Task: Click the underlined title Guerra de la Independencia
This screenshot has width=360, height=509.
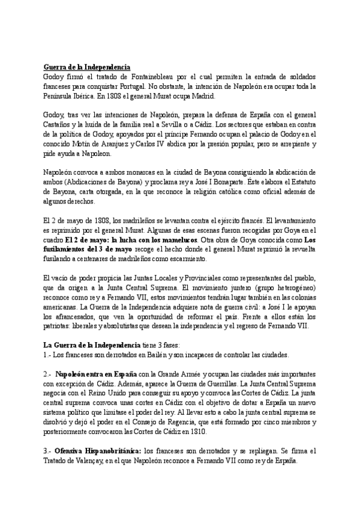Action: (x=86, y=67)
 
